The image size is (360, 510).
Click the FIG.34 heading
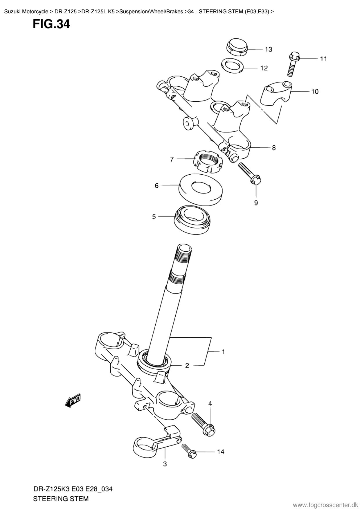click(51, 24)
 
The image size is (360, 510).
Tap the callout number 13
click(269, 49)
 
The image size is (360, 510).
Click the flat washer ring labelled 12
click(233, 65)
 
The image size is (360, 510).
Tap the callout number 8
click(274, 148)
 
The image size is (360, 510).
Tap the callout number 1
click(223, 352)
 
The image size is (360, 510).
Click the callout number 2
click(187, 366)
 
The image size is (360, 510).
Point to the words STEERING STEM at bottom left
click(61, 499)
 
